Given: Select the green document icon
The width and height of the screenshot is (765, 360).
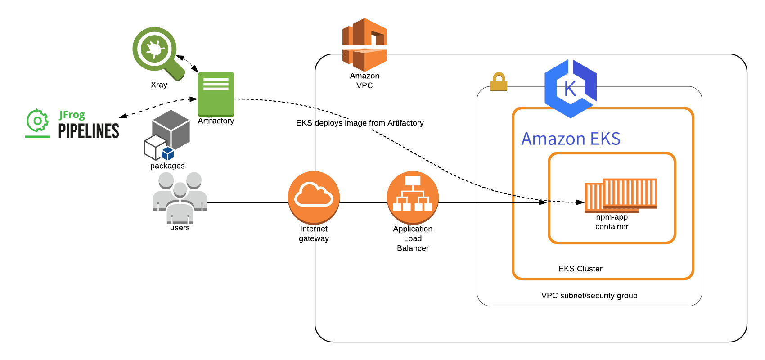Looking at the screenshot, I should point(216,94).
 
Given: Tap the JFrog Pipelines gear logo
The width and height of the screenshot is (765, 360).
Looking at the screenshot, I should point(37,121).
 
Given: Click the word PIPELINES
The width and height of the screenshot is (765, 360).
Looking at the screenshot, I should point(89,131).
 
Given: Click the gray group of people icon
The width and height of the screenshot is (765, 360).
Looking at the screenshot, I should point(180,198).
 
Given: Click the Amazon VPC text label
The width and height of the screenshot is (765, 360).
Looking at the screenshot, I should point(364,81).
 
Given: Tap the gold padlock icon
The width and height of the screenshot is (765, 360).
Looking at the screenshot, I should point(499,82).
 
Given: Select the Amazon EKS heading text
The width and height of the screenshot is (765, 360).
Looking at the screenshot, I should point(571,139).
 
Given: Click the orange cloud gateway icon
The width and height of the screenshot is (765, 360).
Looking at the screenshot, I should point(314,197).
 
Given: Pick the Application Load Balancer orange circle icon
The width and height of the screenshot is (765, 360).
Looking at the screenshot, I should point(413,197).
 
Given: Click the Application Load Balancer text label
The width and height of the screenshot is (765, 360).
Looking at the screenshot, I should point(413,238).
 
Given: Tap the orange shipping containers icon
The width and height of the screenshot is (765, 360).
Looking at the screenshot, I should point(621,195).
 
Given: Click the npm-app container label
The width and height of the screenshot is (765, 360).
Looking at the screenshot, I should point(612,222).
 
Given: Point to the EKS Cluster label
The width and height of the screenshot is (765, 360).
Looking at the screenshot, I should point(580,269).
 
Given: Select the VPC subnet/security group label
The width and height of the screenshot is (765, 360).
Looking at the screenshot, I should point(589,296).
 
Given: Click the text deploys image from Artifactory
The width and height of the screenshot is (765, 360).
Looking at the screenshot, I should point(369,123).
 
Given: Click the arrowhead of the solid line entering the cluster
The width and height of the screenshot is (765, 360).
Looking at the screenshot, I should point(543,202).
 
